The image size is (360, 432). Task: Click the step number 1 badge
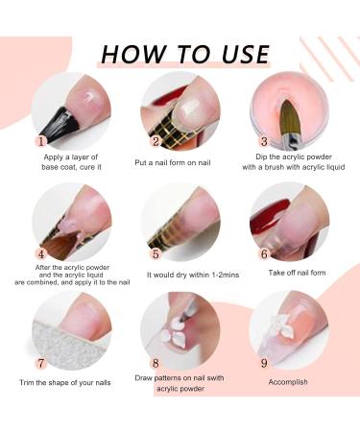point(41,141)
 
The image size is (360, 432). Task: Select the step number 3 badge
point(264,141)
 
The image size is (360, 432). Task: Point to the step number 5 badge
point(156,254)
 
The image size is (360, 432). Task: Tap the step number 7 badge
point(41,363)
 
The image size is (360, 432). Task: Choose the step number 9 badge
point(264,363)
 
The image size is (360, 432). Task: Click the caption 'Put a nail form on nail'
point(173,162)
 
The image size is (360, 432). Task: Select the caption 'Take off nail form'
point(297,273)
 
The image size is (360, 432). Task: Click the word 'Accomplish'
point(288,382)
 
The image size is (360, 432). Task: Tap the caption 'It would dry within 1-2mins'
point(193,275)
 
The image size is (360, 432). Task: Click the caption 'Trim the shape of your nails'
point(65,383)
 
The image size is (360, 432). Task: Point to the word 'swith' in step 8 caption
point(213,378)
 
